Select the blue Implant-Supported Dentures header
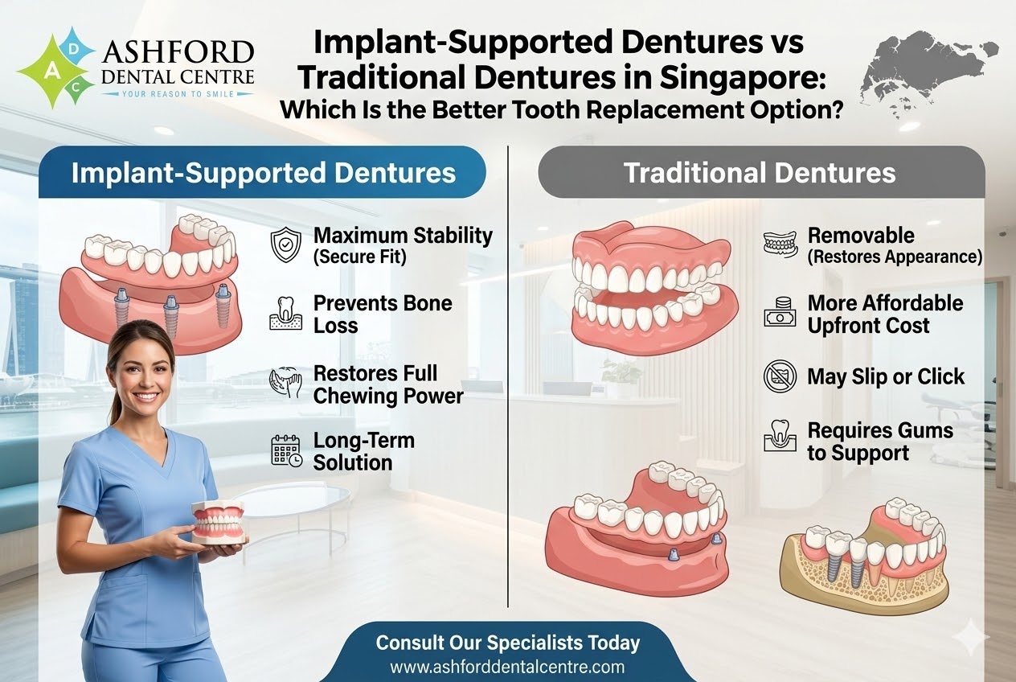[263, 173]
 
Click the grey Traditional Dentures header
[760, 173]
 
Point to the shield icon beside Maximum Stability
[287, 245]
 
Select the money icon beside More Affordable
[780, 313]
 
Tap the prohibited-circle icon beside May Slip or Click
[780, 376]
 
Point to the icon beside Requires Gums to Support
[780, 438]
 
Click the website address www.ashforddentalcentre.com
[507, 667]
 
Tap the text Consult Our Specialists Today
[508, 643]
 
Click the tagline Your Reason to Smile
[178, 94]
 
